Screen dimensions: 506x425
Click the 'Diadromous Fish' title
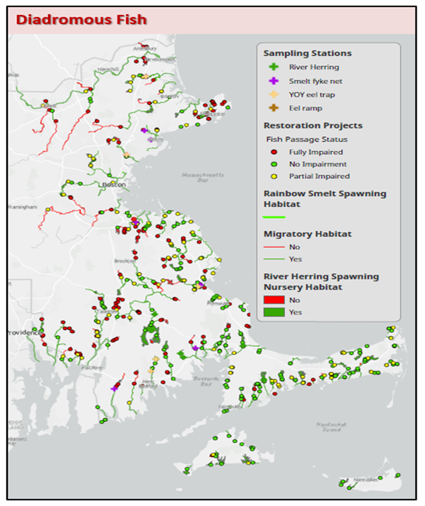[80, 19]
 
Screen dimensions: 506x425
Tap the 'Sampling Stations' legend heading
[307, 53]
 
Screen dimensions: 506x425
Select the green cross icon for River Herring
[272, 68]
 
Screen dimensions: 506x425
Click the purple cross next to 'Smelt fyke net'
[272, 81]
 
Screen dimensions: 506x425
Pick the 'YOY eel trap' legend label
[311, 94]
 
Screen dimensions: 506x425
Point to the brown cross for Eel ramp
[272, 107]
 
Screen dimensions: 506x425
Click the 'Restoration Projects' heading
[312, 125]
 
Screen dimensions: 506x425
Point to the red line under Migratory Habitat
[274, 246]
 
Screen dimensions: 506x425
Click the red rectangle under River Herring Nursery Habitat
[274, 299]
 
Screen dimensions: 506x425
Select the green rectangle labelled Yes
[274, 312]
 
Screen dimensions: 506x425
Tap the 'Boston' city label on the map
[113, 184]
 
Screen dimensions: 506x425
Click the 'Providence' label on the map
[25, 332]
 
